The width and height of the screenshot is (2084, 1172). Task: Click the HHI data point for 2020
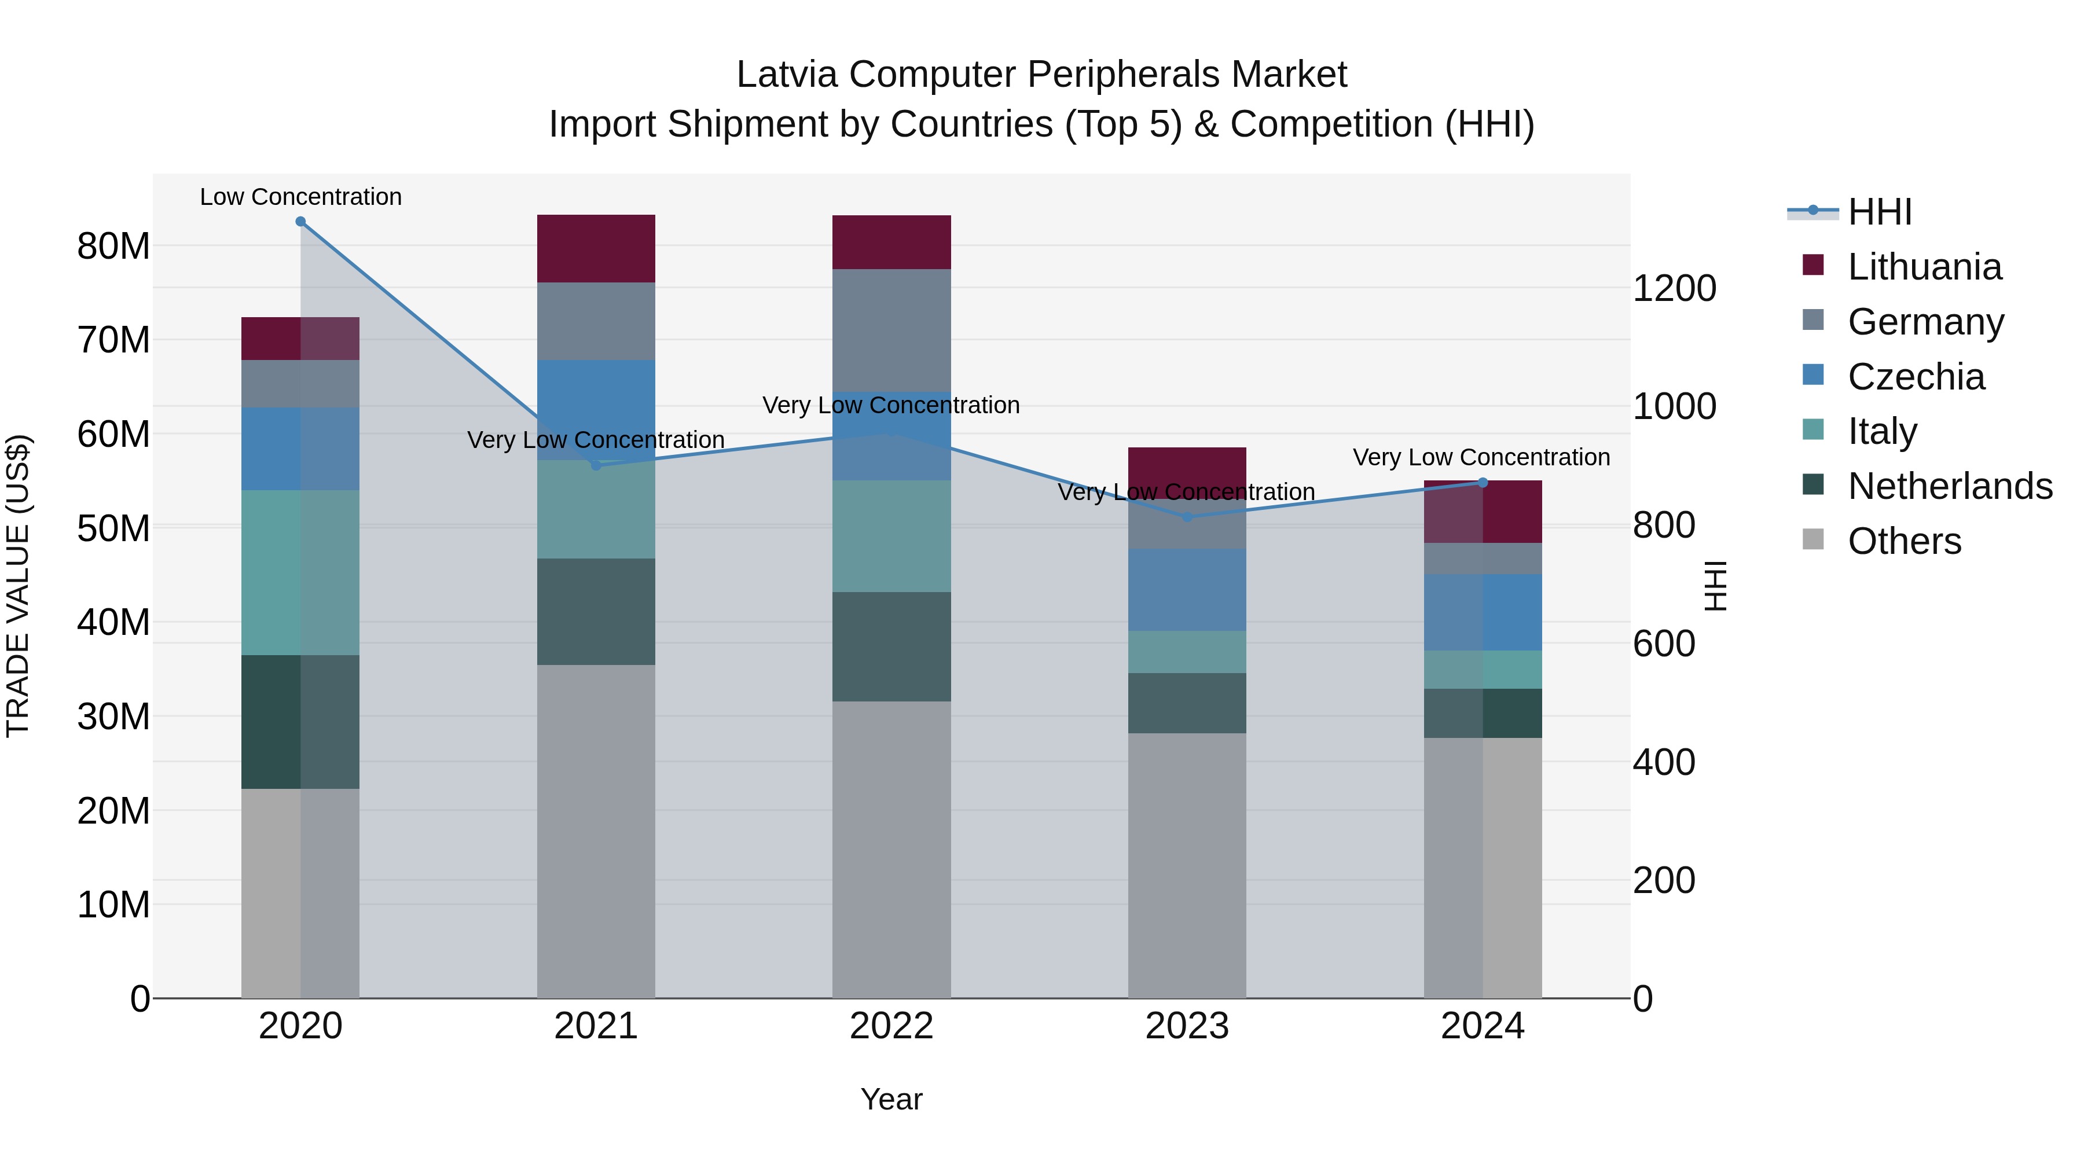click(300, 222)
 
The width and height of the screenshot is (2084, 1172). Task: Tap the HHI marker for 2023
click(1187, 517)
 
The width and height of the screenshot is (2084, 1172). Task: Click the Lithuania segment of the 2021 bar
click(596, 248)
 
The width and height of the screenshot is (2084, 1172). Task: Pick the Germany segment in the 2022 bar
click(891, 330)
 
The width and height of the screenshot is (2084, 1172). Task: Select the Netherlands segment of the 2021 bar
click(596, 612)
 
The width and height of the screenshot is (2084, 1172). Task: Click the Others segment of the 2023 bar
click(1187, 865)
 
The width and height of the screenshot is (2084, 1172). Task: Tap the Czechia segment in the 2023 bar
click(1187, 590)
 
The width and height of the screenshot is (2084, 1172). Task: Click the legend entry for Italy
click(1882, 431)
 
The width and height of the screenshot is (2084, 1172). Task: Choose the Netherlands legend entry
click(1950, 486)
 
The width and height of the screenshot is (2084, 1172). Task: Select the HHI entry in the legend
click(1878, 212)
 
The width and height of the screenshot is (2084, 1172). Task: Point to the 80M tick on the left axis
click(113, 246)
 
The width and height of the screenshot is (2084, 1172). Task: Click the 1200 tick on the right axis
click(1674, 289)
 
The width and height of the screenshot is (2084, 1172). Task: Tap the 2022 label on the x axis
click(891, 1026)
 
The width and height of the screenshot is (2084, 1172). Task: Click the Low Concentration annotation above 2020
click(300, 197)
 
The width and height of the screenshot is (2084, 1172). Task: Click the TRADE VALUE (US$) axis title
click(18, 586)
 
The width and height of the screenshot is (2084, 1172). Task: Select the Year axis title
click(891, 1099)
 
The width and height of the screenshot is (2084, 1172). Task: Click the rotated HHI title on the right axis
click(1714, 586)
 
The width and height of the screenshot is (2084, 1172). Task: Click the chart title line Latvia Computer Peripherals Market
click(1041, 75)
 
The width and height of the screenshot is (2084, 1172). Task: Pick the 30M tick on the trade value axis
click(113, 717)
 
